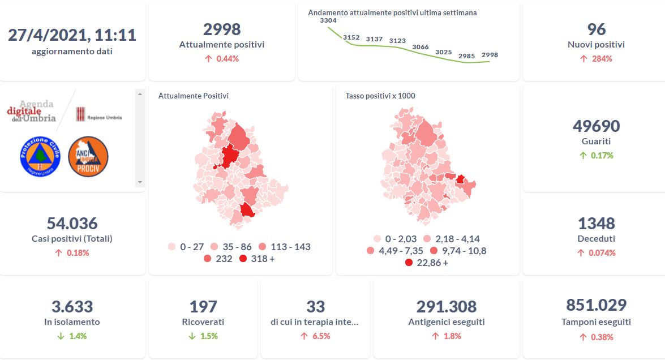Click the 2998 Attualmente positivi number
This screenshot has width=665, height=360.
pos(221,29)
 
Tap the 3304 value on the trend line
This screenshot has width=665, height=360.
pos(328,20)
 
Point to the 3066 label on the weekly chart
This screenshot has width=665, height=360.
pos(421,47)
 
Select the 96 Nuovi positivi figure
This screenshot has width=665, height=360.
pos(596,29)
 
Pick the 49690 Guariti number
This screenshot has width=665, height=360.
pos(596,126)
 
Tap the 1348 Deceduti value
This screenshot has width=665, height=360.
pos(596,223)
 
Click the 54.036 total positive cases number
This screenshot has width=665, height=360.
pos(72,223)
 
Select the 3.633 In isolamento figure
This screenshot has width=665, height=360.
pos(72,306)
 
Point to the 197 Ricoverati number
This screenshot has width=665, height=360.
pos(203,306)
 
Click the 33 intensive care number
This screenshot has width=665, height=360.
pos(315,306)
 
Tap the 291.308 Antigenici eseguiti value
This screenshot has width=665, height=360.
pos(446,306)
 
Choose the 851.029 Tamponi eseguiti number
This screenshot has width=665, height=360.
pos(596,305)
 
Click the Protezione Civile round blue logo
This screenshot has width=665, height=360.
pos(40,155)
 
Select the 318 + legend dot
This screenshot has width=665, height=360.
pos(243,259)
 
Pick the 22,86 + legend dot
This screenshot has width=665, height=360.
pos(409,263)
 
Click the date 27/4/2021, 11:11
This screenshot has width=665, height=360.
pos(72,35)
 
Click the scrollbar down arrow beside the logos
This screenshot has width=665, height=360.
pos(140,182)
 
